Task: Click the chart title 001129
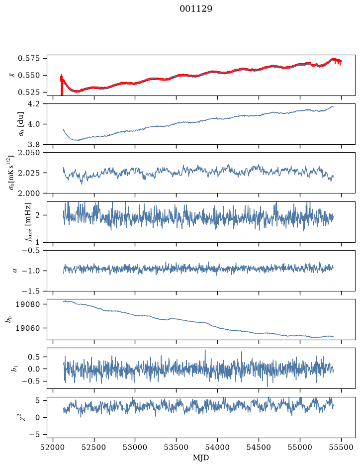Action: pos(195,9)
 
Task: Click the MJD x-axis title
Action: pos(201,458)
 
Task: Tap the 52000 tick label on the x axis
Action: pos(53,447)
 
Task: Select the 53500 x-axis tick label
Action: pos(177,447)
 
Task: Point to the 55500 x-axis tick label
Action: pos(341,447)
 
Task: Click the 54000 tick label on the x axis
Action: pos(217,447)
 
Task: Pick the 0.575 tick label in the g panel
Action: pos(28,58)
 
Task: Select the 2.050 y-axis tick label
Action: pos(28,153)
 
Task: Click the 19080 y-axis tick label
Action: pos(27,304)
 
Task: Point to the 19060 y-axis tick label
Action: pos(27,328)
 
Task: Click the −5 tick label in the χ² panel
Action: pos(34,435)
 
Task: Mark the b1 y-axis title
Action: pos(14,369)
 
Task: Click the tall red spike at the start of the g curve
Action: pos(62,85)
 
